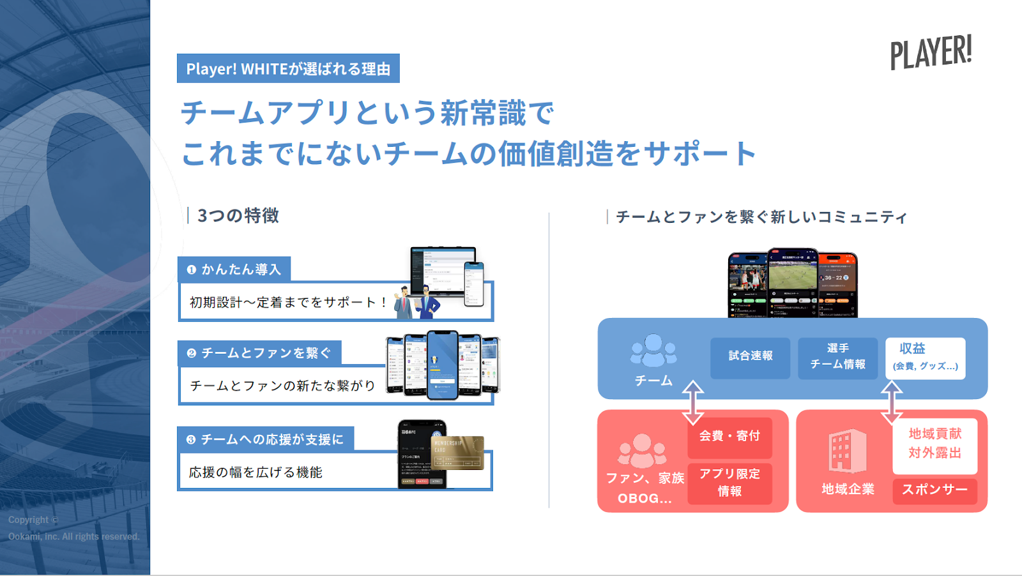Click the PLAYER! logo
pos(931,52)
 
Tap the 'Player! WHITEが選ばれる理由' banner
pos(288,68)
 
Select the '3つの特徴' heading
pos(238,216)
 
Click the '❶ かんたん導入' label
pos(234,269)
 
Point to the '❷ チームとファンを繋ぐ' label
pos(259,353)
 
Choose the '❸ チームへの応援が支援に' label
pos(265,439)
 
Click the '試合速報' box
pos(750,356)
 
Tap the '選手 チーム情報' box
pos(837,356)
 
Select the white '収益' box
pos(925,358)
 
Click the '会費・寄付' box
pos(729,436)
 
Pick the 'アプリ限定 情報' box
pos(729,483)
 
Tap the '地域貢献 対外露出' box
pos(934,444)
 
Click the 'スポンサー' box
pos(934,490)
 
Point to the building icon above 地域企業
pos(847,451)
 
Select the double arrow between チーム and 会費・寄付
pos(693,402)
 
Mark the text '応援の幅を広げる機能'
pos(256,473)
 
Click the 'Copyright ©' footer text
pos(33,520)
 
